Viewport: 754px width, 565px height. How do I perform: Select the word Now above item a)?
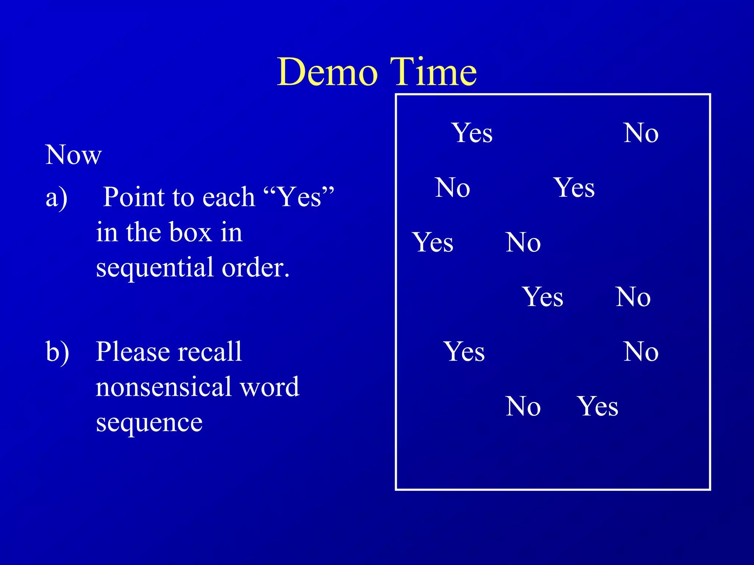click(x=73, y=155)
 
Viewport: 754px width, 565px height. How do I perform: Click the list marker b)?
click(x=57, y=352)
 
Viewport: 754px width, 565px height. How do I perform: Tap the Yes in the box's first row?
click(x=472, y=133)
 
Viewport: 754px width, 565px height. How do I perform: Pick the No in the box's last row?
click(x=523, y=406)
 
